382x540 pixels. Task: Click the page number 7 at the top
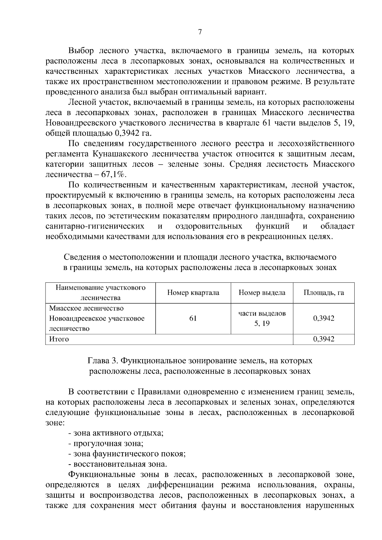(x=200, y=32)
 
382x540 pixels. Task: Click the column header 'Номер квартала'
(x=193, y=293)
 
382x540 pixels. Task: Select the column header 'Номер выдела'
(x=262, y=293)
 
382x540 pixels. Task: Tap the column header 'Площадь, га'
(x=323, y=293)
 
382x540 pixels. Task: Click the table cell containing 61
(x=193, y=318)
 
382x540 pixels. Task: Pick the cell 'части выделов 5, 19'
(x=262, y=318)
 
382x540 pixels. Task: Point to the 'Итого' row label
(x=59, y=339)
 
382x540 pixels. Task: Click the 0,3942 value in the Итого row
(x=323, y=339)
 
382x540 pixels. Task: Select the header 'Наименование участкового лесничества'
(x=101, y=293)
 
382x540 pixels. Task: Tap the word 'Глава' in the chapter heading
(x=97, y=361)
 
